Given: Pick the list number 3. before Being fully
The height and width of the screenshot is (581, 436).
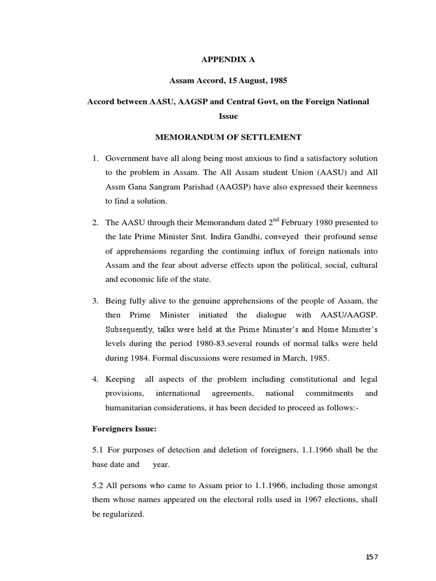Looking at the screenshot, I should coord(95,300).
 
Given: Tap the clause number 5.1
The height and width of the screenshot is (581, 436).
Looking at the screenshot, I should coord(98,450).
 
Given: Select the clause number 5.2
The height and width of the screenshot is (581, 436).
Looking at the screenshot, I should coord(98,486).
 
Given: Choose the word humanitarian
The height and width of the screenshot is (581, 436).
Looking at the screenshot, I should coord(132,408).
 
